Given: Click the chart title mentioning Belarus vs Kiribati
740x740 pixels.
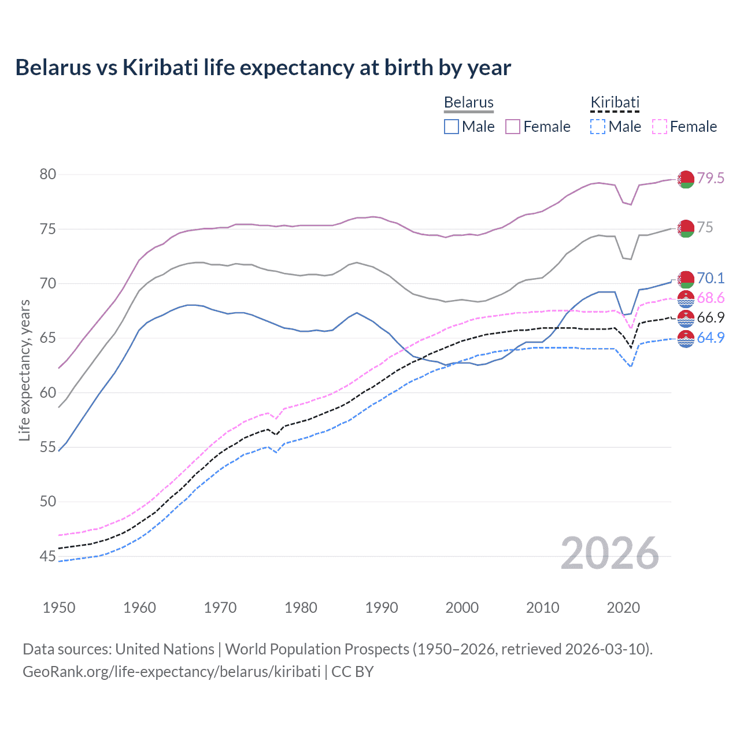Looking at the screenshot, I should [x=263, y=68].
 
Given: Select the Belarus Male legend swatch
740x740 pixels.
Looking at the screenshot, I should [x=452, y=127].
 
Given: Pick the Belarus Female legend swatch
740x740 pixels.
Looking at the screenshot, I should [x=513, y=127].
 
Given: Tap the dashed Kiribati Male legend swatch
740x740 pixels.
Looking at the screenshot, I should [x=598, y=127].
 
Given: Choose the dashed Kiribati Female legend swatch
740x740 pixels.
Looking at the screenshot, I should [x=660, y=127].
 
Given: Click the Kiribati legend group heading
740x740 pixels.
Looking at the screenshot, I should [x=615, y=102].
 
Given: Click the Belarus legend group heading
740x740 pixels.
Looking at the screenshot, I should [x=469, y=102].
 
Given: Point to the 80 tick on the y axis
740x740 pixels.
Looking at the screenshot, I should [x=48, y=174].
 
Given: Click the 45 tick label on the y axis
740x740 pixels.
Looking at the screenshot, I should [x=48, y=556].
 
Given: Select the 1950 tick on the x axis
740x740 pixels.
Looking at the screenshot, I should [x=59, y=608].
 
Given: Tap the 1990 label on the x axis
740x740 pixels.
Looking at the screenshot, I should [x=382, y=608].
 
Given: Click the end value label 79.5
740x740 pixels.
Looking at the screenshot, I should [x=711, y=178].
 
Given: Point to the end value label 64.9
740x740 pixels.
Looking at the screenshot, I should [x=711, y=338].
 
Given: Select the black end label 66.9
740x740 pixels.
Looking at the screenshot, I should [x=711, y=317].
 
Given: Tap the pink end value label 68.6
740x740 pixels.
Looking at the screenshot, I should [x=711, y=298].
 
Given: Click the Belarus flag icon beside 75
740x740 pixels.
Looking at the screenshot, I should [x=686, y=228].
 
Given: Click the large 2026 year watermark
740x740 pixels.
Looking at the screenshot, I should [x=610, y=553].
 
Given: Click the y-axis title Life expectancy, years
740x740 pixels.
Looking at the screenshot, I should [x=24, y=370].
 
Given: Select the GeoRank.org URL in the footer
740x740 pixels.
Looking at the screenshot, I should [x=171, y=672].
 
